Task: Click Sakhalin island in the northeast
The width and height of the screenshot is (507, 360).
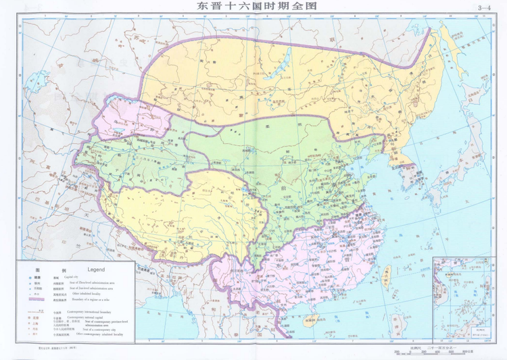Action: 446,44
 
